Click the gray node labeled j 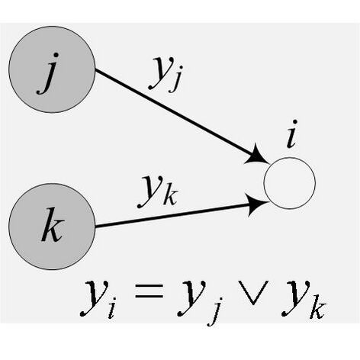coord(52,69)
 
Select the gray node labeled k coord(52,227)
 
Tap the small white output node coord(290,183)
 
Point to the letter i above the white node coord(292,134)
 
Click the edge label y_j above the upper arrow coord(166,74)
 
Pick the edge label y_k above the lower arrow coord(158,191)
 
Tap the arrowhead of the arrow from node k coord(258,204)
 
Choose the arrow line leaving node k coord(182,215)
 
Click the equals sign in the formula coord(149,291)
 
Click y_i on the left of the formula coord(98,299)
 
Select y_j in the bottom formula coord(201,301)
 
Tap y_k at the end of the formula coord(304,299)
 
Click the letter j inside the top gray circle coord(49,73)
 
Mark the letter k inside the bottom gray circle coord(53,224)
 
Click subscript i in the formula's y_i coord(112,307)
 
